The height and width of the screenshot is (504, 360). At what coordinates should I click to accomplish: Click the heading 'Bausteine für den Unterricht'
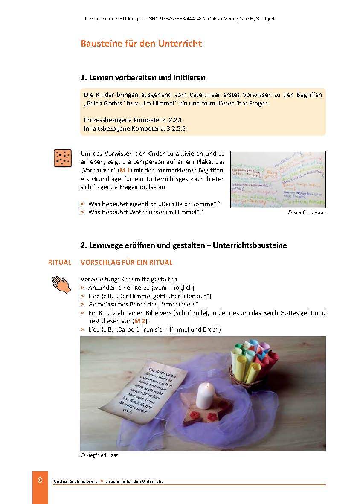tap(141, 44)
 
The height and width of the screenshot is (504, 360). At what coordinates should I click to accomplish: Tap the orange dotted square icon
tap(63, 158)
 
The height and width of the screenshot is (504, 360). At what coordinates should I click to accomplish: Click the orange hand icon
tap(61, 284)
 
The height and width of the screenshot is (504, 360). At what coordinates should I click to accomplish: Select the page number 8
tap(40, 480)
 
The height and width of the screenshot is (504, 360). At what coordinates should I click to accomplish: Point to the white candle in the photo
tap(204, 392)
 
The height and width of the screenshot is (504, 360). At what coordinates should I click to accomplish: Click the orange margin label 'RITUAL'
tap(60, 262)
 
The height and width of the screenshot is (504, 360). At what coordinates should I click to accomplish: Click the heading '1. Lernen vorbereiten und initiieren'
tap(143, 78)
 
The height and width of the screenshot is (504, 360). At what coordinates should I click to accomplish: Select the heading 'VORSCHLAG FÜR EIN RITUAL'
tap(126, 262)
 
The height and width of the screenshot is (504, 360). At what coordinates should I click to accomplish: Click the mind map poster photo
tap(278, 179)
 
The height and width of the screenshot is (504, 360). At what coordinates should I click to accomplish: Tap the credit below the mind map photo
tap(306, 212)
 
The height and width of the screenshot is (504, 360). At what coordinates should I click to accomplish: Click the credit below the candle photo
tap(99, 455)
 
